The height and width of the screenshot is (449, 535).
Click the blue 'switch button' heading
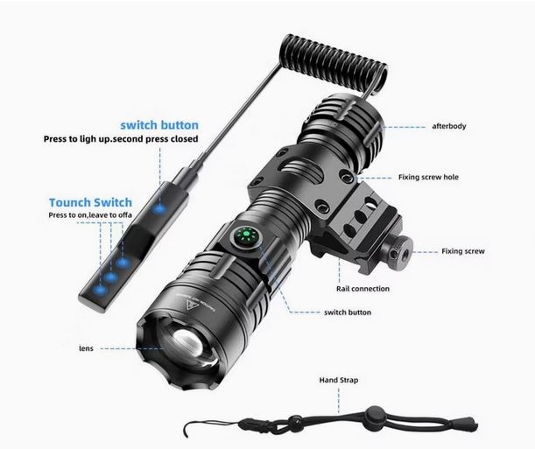click(x=159, y=125)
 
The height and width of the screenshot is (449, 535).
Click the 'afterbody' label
click(x=449, y=126)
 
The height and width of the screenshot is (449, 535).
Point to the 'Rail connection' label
click(x=363, y=288)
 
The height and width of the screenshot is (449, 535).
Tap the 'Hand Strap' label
click(x=338, y=381)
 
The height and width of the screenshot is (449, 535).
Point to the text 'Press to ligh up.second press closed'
click(x=121, y=139)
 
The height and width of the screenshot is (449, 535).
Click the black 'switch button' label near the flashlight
click(x=347, y=312)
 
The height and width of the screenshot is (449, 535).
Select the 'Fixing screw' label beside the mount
click(x=463, y=251)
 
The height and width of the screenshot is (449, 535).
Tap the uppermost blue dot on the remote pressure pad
click(x=158, y=207)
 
